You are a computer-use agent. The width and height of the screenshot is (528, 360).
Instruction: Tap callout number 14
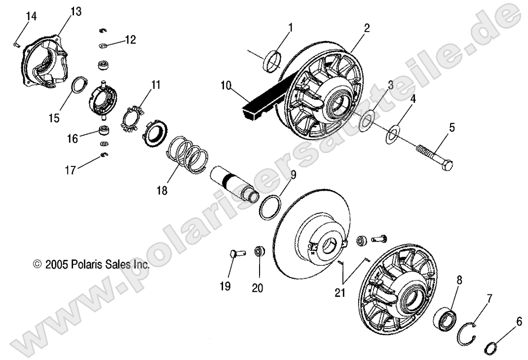(31, 16)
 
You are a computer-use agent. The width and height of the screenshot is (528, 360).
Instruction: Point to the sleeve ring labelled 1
(272, 61)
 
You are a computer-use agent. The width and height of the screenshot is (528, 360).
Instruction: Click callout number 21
(340, 292)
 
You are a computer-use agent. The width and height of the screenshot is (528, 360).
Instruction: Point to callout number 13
(76, 11)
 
